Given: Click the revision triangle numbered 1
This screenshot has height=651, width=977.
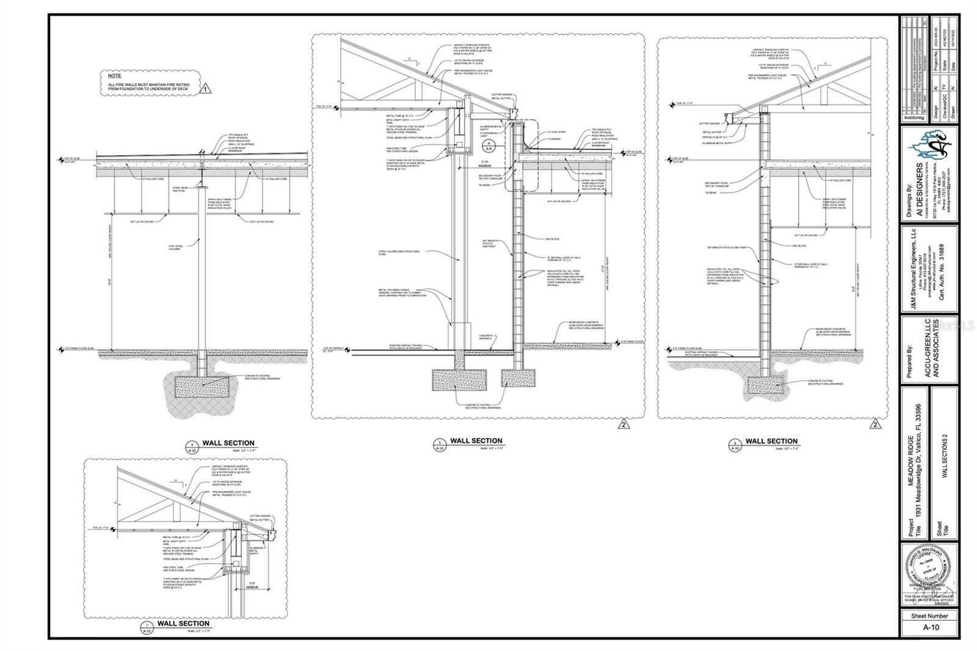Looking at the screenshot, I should (x=206, y=89).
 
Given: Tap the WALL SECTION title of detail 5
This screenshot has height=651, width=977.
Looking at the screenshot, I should (x=476, y=440).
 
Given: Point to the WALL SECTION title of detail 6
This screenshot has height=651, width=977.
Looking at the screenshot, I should (x=771, y=441).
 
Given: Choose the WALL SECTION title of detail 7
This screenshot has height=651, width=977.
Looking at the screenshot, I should (x=183, y=624).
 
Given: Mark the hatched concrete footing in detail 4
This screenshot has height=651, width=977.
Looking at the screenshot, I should (x=203, y=385).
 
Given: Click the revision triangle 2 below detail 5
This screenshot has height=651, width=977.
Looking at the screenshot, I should (x=623, y=424).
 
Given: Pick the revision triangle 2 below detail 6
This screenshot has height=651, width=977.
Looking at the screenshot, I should (x=874, y=424).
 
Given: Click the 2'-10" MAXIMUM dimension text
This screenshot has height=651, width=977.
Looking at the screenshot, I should (x=485, y=164).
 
